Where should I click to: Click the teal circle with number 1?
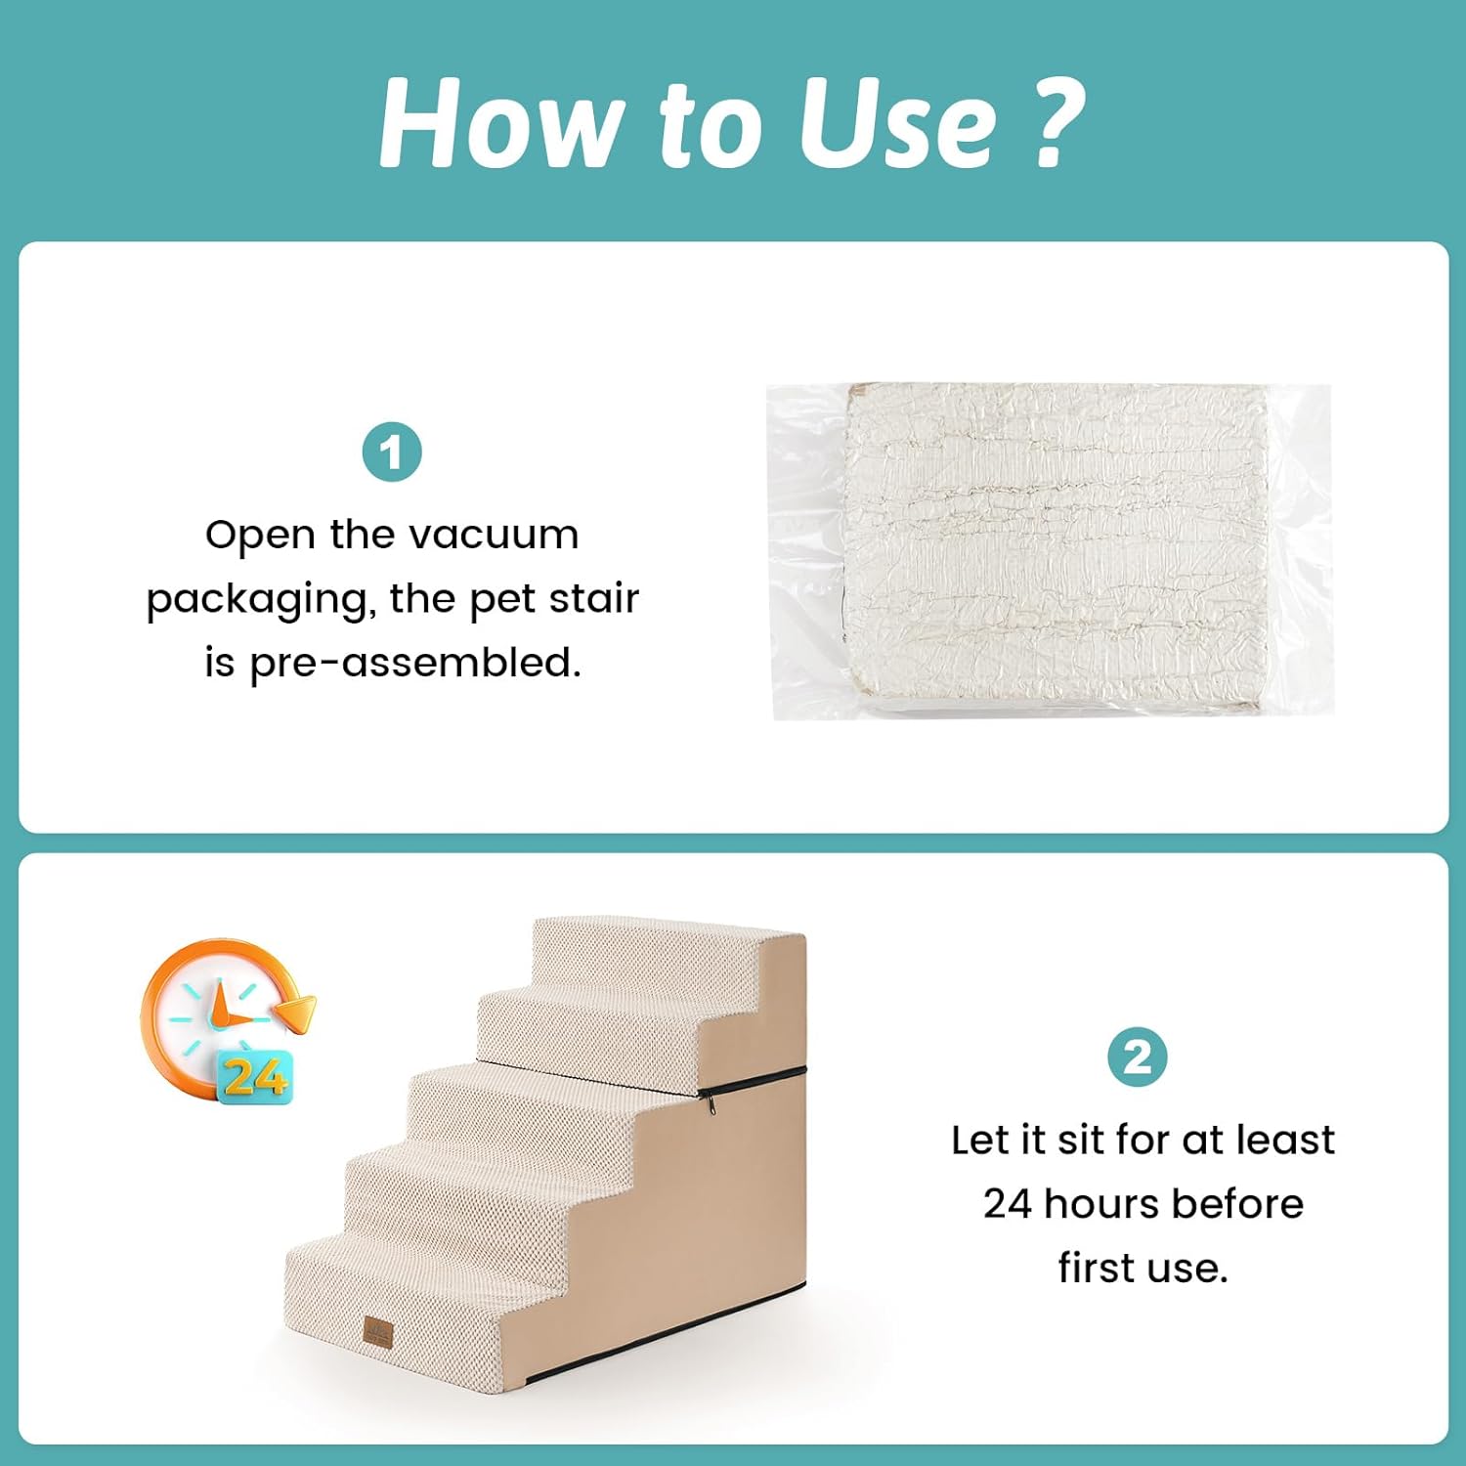[392, 453]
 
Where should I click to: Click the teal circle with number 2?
[1138, 1057]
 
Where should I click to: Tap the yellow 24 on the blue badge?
[254, 1077]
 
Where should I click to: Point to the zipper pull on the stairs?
[710, 1103]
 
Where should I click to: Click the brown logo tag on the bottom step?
[378, 1331]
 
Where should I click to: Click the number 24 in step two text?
[1009, 1205]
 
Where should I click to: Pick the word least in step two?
[1285, 1140]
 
